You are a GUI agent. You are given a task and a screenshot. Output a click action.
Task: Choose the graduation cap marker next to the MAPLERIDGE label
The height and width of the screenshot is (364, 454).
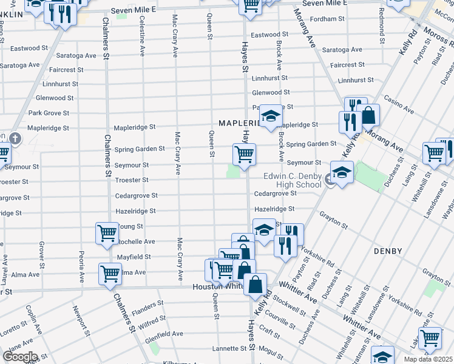271,117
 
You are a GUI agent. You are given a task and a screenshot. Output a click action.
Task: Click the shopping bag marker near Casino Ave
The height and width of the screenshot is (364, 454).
368,116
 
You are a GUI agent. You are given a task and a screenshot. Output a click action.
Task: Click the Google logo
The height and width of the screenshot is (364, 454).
20,357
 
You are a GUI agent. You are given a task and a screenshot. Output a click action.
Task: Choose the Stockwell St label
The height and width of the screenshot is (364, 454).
290,305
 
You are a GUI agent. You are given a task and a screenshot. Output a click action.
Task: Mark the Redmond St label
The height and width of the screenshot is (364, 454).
381,20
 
